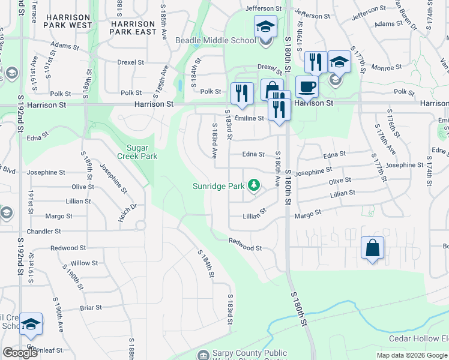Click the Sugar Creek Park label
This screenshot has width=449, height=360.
142,152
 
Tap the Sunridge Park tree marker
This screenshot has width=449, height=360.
255,186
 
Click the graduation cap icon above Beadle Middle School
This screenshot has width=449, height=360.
265,26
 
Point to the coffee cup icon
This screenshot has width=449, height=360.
306,86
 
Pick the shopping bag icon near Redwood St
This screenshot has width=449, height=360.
372,247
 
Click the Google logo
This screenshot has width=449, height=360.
19,353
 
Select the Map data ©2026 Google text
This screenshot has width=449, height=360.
411,355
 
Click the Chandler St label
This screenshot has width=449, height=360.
44,231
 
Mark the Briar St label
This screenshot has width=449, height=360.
90,308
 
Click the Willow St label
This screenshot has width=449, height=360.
84,263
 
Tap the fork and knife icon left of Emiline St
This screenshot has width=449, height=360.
241,93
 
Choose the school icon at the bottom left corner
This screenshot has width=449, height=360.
31,324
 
